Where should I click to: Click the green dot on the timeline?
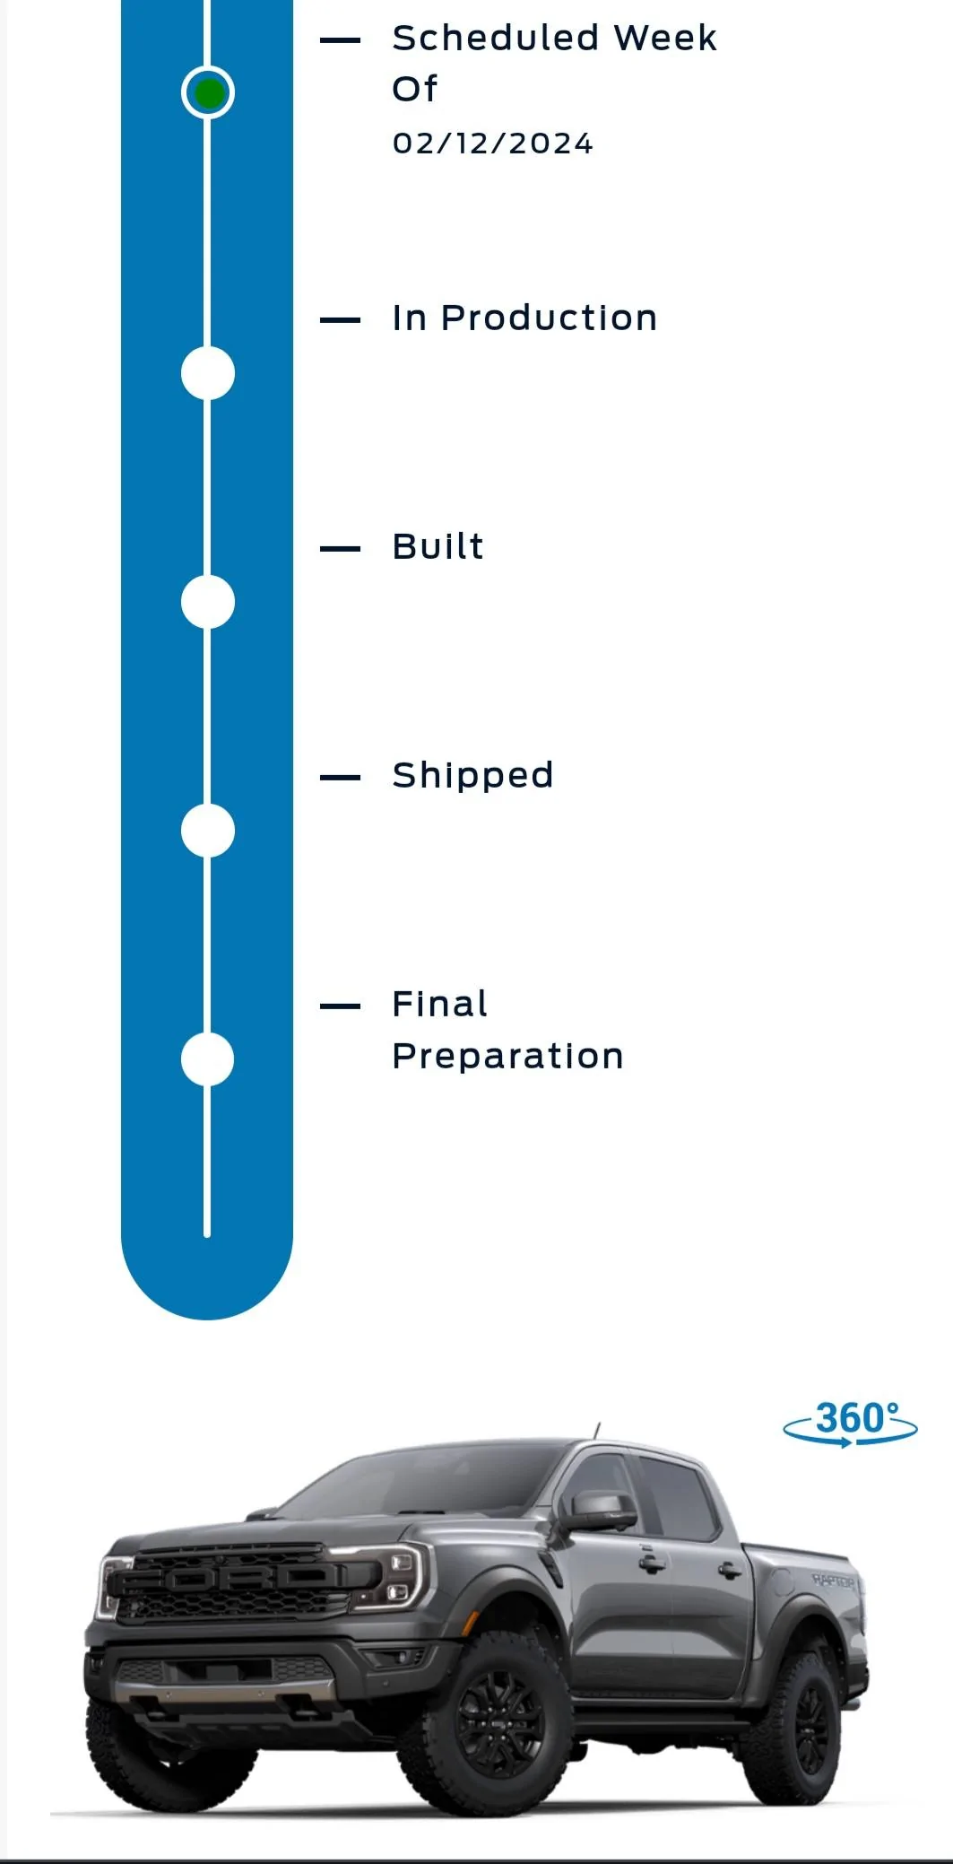pos(208,92)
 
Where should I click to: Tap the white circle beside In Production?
pos(208,373)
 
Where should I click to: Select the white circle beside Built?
pos(208,602)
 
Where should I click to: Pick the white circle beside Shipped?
pos(208,831)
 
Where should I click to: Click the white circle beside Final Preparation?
pos(208,1059)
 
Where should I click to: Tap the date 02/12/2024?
pos(493,144)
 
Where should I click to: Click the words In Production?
pos(524,318)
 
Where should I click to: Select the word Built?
pos(438,546)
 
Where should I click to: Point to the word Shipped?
pos(472,776)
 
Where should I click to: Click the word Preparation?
pos(507,1057)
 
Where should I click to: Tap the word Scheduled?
pos(496,39)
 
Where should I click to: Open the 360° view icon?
pos(850,1424)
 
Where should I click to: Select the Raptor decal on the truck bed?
pos(834,1580)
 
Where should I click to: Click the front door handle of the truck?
pos(652,1562)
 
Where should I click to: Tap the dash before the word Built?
pos(340,548)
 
